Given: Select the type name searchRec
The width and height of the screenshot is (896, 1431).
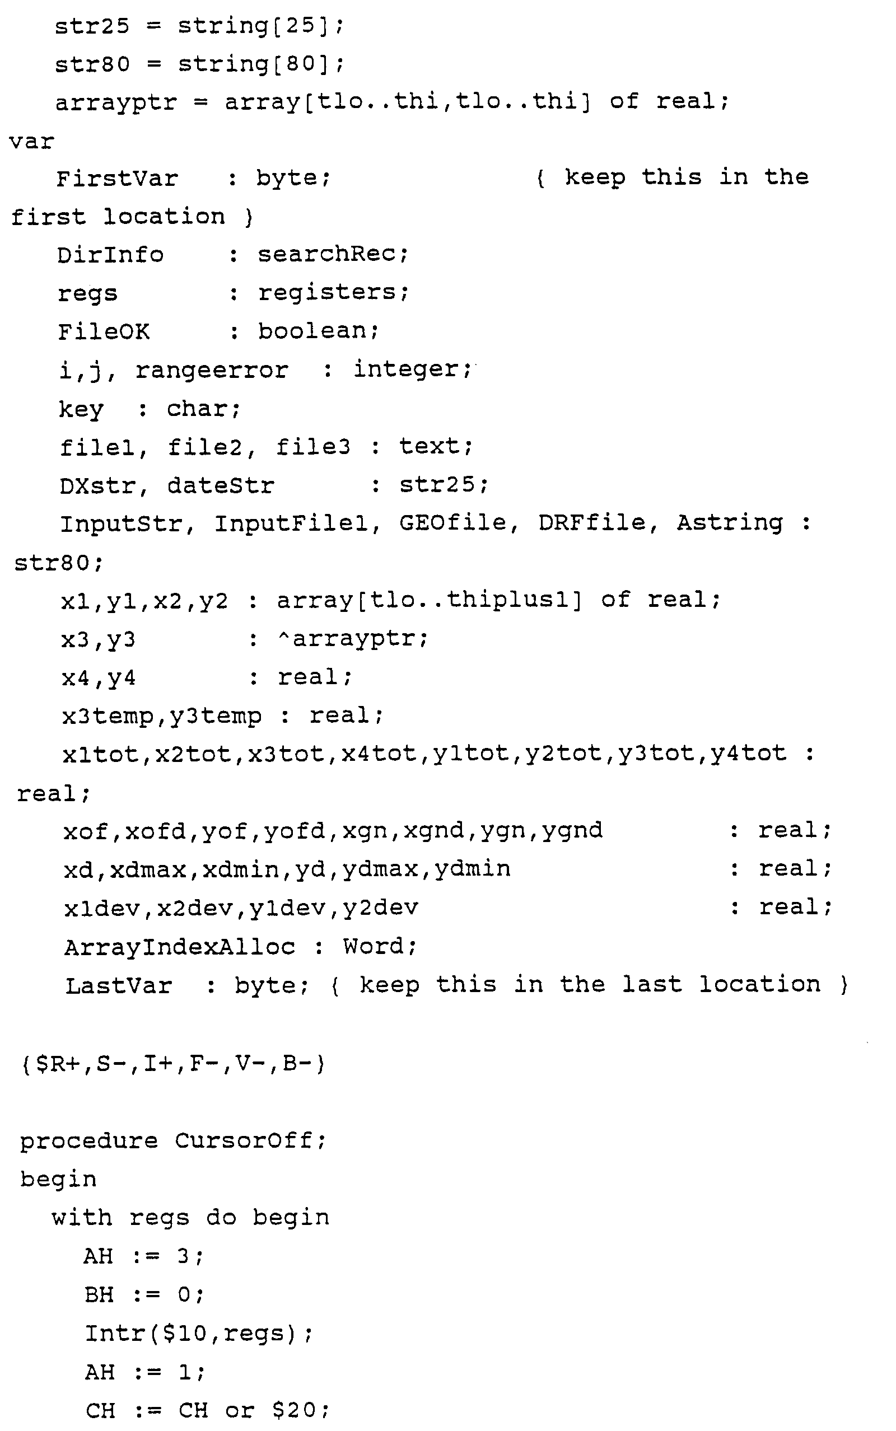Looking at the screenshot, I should click(326, 254).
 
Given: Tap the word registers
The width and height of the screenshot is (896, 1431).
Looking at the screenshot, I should click(326, 293).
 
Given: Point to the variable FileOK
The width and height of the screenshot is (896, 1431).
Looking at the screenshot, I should click(104, 331).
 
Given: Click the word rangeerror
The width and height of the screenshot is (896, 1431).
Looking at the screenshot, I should click(212, 371).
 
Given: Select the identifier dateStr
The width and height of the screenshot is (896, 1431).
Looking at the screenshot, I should click(221, 486).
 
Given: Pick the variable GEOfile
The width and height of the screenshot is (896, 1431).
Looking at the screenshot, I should click(454, 523).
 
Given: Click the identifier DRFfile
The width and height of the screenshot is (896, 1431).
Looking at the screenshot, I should click(592, 523).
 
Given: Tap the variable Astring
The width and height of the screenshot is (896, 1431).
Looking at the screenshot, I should click(730, 523).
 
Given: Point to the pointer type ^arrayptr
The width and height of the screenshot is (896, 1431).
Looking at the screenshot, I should click(352, 638).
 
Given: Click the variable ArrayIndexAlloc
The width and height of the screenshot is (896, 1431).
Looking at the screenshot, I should click(180, 947).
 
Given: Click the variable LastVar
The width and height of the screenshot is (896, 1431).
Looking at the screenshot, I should click(119, 985).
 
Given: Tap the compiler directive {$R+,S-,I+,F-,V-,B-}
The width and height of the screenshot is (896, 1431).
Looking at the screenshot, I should click(173, 1064).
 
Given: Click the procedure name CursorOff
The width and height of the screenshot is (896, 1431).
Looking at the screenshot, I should click(244, 1141).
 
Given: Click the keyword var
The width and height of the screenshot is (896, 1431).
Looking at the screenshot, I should click(31, 142).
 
